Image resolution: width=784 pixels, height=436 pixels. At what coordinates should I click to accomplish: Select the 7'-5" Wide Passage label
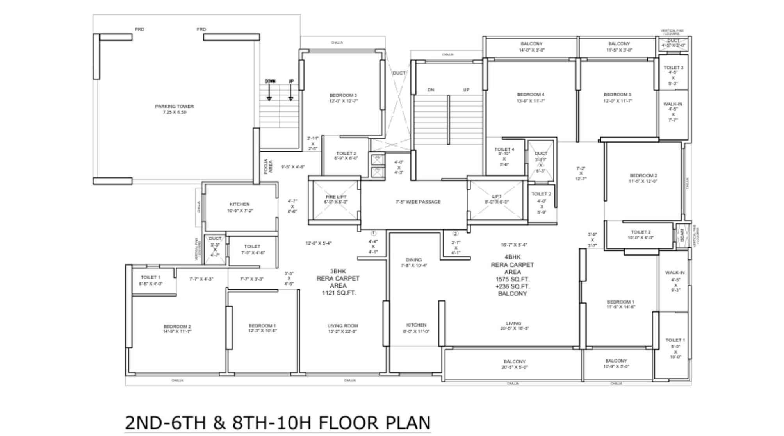coord(418,202)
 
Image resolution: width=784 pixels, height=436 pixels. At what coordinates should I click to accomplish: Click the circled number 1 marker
coord(373,233)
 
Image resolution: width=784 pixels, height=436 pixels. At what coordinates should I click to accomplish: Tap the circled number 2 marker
coord(455,234)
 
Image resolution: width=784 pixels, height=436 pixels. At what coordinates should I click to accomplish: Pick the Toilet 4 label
coord(504,149)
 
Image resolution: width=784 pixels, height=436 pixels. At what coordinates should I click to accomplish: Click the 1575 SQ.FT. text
coord(512,279)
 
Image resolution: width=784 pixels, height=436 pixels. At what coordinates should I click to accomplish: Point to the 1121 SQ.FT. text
coord(339,293)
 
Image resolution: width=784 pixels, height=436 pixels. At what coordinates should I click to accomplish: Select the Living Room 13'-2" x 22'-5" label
coord(342,328)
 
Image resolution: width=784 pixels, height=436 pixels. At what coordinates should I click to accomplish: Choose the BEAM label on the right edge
coord(682,235)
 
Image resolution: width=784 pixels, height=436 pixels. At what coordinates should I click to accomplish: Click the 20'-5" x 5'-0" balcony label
coord(514,364)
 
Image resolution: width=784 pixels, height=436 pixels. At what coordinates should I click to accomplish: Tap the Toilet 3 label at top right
coord(673,68)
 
